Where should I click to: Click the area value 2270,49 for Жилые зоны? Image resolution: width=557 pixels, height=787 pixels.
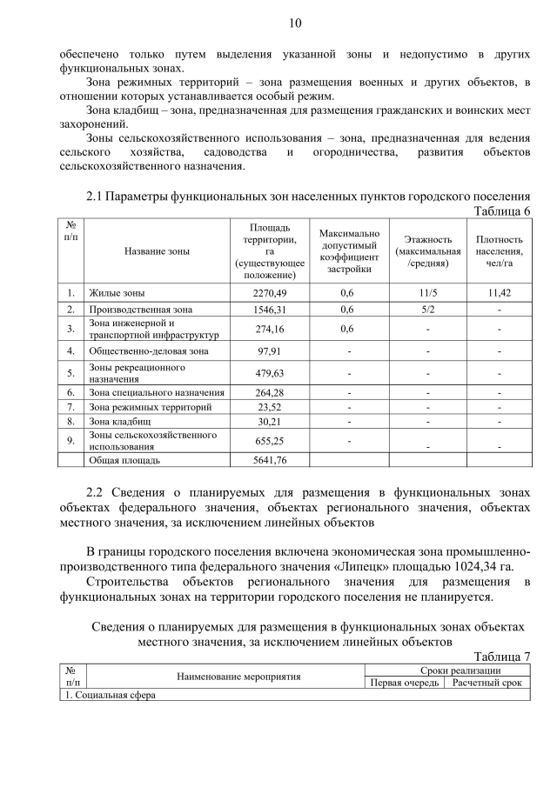(270, 293)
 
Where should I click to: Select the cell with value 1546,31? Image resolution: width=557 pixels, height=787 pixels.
(270, 310)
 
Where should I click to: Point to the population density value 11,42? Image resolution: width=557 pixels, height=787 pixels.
(500, 293)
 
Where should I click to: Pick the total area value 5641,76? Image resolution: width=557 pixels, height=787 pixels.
(270, 460)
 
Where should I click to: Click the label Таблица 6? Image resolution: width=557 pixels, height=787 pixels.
(501, 210)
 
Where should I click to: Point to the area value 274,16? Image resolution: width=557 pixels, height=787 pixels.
(270, 329)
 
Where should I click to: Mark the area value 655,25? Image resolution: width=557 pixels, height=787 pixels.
(270, 441)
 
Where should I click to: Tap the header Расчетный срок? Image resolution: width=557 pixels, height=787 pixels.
(487, 683)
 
